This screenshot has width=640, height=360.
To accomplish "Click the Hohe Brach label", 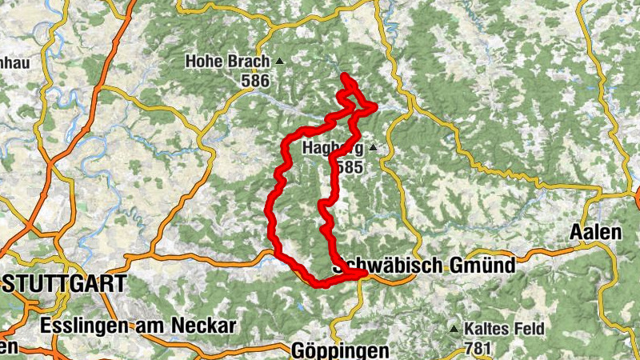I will (x=229, y=61).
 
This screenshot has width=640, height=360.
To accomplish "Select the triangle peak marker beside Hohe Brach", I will (x=279, y=61).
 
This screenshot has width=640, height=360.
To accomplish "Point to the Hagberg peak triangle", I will (x=373, y=148).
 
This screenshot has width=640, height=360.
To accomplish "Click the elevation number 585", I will (x=350, y=167).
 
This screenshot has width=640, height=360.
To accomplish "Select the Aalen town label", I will (x=596, y=233).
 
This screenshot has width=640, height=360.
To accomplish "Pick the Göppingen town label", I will (x=340, y=350).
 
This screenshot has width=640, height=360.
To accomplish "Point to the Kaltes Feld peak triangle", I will (x=454, y=329).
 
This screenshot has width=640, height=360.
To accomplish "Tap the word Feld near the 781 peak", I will (x=527, y=329).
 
